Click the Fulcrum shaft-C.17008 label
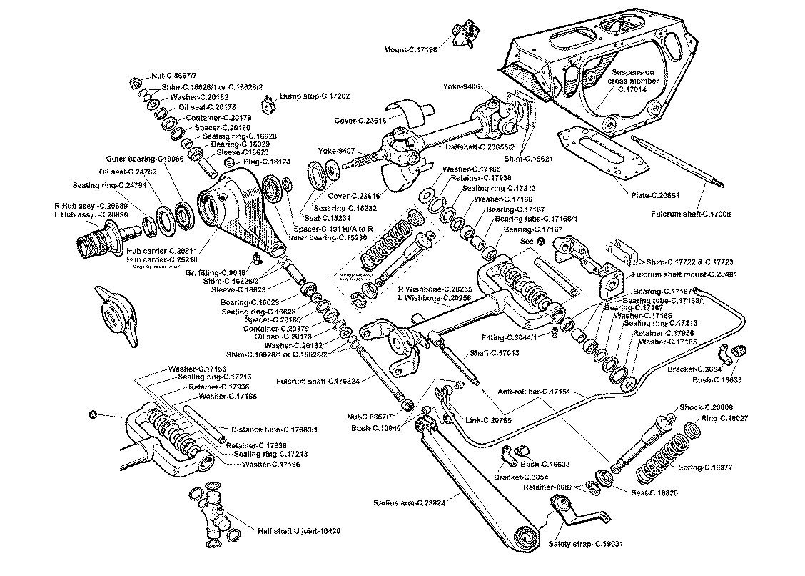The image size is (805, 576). tap(688, 214)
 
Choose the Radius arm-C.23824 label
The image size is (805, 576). tap(409, 502)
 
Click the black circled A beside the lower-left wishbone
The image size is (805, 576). tap(92, 414)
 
